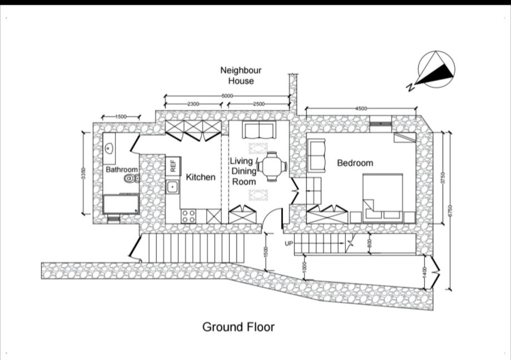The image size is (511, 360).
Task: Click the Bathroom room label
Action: (x=122, y=169)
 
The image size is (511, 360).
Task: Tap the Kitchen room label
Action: (x=200, y=177)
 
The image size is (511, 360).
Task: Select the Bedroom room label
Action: (x=355, y=163)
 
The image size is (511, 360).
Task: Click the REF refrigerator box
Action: (x=173, y=165)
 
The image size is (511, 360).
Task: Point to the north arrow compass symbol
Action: (x=436, y=70)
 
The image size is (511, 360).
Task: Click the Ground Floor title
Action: (x=238, y=327)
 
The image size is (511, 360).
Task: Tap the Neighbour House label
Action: (x=241, y=76)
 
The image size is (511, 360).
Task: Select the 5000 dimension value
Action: (x=227, y=96)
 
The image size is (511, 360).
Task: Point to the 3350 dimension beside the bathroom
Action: (x=83, y=173)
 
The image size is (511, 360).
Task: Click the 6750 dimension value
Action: (x=450, y=210)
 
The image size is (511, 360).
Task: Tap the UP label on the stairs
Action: (x=289, y=244)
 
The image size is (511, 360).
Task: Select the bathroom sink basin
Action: (x=108, y=149)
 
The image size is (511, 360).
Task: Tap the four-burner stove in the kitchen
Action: (x=188, y=215)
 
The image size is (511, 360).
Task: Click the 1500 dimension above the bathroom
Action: (x=121, y=116)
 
